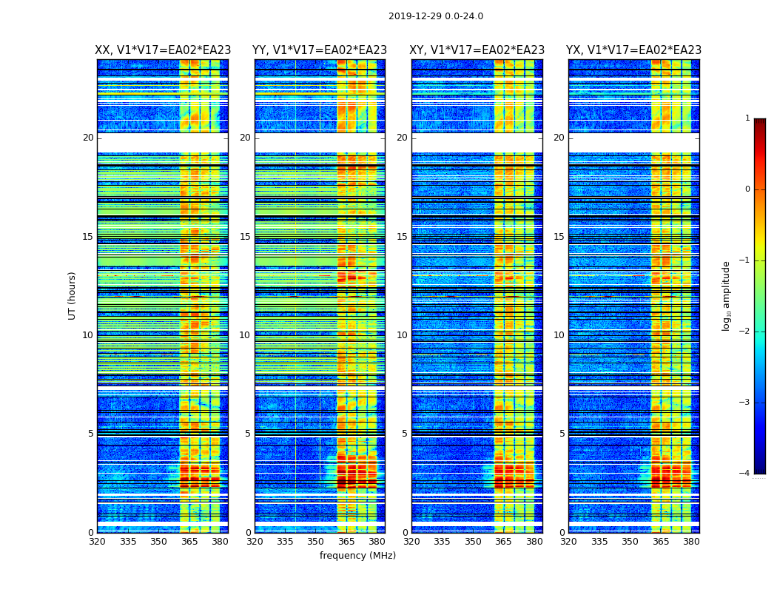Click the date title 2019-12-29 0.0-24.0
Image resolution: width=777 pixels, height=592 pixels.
click(435, 16)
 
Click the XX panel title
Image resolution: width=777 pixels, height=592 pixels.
click(163, 50)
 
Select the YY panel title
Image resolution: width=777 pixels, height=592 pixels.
click(320, 50)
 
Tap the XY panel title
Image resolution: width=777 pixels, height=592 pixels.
click(477, 50)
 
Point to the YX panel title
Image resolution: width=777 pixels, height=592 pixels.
click(633, 50)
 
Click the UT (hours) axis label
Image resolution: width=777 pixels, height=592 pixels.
click(73, 295)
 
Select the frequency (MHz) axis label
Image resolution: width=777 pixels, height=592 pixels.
click(357, 556)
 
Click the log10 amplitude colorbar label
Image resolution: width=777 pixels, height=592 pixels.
click(727, 295)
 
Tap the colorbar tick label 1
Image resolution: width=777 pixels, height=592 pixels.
click(747, 118)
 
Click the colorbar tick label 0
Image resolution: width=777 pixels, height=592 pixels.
click(747, 189)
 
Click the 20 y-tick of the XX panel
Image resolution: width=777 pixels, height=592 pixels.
click(88, 138)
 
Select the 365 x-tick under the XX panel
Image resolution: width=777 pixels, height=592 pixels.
click(189, 542)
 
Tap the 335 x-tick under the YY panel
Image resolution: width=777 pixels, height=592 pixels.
click(286, 542)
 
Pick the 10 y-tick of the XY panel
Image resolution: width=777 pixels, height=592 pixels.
click(401, 335)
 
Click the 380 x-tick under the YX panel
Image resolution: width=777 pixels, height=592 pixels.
click(691, 542)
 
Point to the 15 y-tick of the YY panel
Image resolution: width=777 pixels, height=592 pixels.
click(244, 237)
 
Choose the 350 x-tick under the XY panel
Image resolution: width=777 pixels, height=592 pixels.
click(473, 542)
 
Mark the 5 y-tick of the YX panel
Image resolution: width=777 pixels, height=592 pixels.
click(562, 434)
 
